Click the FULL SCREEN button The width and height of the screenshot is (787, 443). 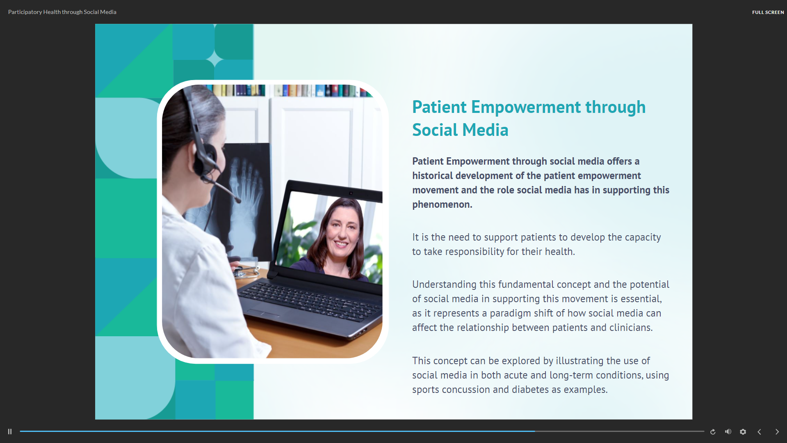click(x=768, y=12)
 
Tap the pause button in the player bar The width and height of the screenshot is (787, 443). click(x=10, y=432)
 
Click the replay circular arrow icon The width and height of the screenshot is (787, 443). click(x=713, y=432)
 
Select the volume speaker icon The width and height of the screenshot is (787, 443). click(x=728, y=432)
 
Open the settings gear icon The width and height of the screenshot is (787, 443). click(x=743, y=432)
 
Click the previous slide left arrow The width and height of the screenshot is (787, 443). click(x=759, y=432)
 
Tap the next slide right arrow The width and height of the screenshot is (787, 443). click(x=777, y=432)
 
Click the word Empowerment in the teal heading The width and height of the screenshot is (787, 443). click(x=526, y=108)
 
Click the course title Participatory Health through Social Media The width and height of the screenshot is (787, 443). click(x=62, y=12)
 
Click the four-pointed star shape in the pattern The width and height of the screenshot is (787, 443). click(x=215, y=60)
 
